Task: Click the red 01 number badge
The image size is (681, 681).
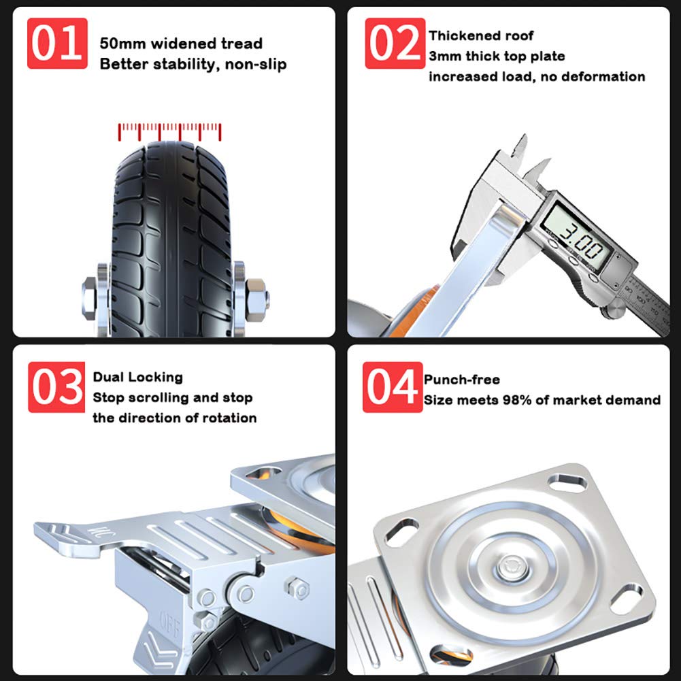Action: [x=57, y=44]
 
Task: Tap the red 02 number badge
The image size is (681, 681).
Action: [x=395, y=44]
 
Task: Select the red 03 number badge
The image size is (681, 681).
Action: [x=56, y=387]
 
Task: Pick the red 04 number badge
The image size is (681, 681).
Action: [x=393, y=387]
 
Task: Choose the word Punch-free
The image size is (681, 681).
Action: [x=462, y=380]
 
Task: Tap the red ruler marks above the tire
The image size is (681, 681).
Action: [x=169, y=132]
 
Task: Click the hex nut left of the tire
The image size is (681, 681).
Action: [x=90, y=298]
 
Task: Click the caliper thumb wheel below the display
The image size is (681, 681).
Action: [x=613, y=312]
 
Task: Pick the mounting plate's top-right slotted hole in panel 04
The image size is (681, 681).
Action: [x=568, y=482]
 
